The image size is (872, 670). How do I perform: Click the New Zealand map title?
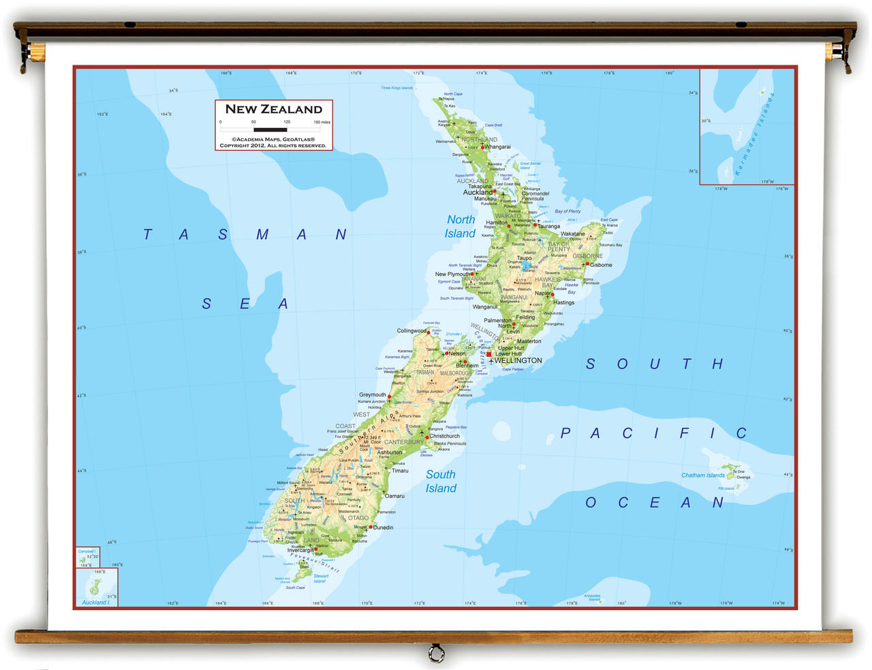pos(273,109)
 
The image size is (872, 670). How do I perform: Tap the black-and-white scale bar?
pos(270,129)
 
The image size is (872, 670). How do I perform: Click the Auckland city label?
pos(477,193)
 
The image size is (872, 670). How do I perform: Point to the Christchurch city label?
pos(444,436)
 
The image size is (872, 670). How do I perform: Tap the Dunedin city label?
pos(383,528)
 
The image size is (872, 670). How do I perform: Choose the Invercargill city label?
pos(300,550)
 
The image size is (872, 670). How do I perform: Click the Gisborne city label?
pos(601,265)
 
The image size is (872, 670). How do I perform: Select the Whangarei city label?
pos(497,147)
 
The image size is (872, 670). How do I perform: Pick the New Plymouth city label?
pos(452,274)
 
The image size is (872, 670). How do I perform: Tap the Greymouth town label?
pos(373,395)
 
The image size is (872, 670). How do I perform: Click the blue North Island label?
pos(461,227)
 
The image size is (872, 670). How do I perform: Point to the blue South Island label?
pos(441,481)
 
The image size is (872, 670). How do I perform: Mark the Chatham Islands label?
pos(703,475)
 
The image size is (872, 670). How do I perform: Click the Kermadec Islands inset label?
pos(756,135)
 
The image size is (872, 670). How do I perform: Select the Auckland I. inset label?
pos(95,602)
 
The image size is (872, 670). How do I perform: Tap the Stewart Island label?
pos(320,579)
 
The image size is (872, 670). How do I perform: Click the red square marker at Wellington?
pos(488,354)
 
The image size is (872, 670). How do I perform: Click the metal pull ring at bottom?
pos(436,654)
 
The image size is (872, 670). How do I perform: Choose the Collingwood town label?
pos(411,331)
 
